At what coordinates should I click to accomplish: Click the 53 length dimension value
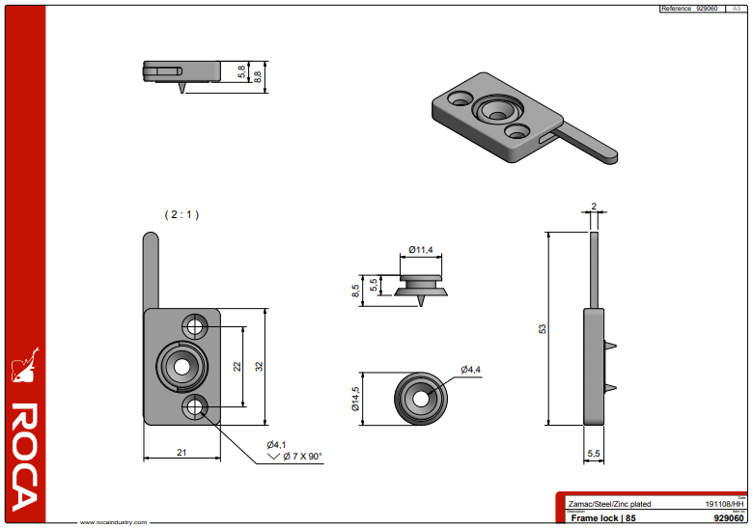point(543,329)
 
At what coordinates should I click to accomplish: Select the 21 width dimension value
point(181,452)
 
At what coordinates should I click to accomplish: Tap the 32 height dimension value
point(259,366)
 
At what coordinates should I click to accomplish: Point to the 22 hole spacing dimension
point(237,366)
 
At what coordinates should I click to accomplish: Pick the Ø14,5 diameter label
point(355,399)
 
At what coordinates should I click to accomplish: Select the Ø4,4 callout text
point(470,370)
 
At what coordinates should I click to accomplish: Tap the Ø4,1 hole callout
point(277,444)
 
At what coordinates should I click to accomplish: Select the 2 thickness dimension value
point(594,206)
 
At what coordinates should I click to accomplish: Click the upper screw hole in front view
point(197,326)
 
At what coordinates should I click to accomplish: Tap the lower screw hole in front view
point(197,406)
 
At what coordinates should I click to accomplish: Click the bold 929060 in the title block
point(726,517)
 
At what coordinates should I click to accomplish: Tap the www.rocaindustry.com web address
point(113,522)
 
